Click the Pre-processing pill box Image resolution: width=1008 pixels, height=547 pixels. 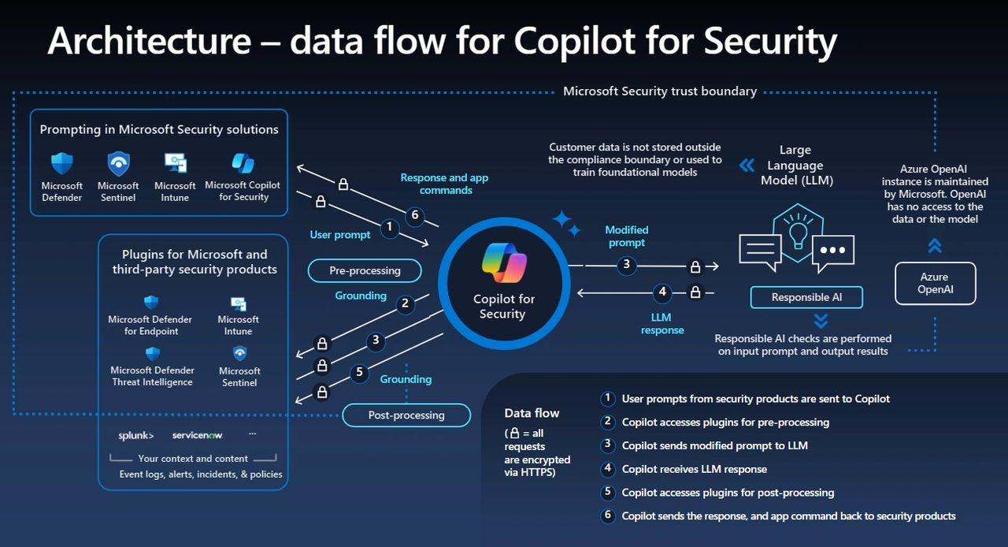pyautogui.click(x=365, y=270)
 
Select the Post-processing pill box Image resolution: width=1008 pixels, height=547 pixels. pyautogui.click(x=406, y=415)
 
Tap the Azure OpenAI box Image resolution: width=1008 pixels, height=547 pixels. pyautogui.click(x=935, y=284)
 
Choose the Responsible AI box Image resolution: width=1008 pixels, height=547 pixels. pyautogui.click(x=806, y=297)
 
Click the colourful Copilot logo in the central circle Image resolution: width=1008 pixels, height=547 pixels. pyautogui.click(x=504, y=263)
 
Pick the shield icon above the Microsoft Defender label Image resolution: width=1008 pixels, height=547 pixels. pyautogui.click(x=62, y=164)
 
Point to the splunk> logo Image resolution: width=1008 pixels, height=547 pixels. pyautogui.click(x=136, y=435)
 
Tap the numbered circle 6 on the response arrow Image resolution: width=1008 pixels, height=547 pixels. pyautogui.click(x=415, y=215)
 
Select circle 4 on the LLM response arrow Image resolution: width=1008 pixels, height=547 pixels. pyautogui.click(x=662, y=292)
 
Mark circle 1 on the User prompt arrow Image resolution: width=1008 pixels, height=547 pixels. pyautogui.click(x=389, y=228)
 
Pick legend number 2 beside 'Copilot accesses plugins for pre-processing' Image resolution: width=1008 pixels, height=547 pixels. pyautogui.click(x=607, y=422)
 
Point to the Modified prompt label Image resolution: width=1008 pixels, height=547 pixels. pyautogui.click(x=627, y=236)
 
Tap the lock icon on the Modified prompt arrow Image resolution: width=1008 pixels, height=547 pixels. pyautogui.click(x=695, y=266)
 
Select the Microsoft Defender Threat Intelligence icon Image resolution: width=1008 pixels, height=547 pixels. pyautogui.click(x=152, y=354)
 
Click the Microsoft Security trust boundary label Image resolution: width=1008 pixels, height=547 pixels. pyautogui.click(x=660, y=91)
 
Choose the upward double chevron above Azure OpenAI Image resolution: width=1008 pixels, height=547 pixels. pyautogui.click(x=935, y=246)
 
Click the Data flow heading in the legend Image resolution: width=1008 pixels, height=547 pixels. pyautogui.click(x=532, y=413)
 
